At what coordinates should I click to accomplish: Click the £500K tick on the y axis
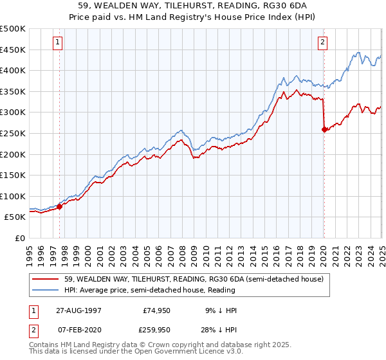(x=14, y=29)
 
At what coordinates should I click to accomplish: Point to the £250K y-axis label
(x=14, y=133)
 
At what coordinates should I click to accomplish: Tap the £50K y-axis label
(x=16, y=217)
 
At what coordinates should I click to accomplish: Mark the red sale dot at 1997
(x=60, y=206)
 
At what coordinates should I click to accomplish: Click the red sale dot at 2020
(x=324, y=129)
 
